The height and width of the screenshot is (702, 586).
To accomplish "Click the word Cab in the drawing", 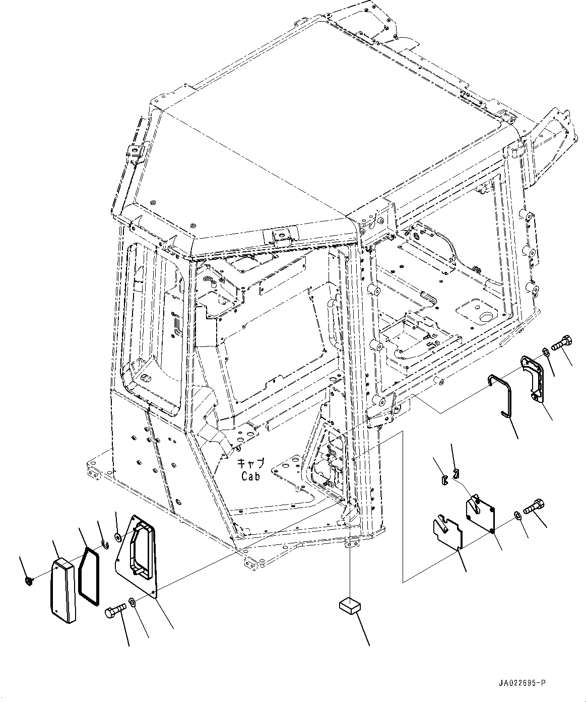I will point(250,476).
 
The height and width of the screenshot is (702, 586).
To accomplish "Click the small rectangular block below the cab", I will point(348,604).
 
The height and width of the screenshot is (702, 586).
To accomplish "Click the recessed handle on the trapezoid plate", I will point(139,548).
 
